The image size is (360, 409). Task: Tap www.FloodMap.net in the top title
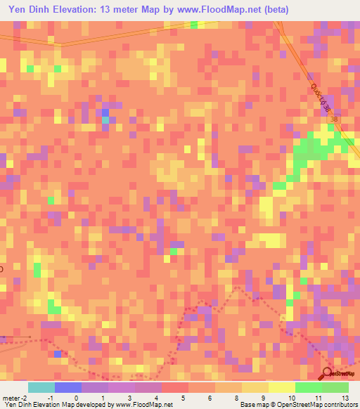pos(218,11)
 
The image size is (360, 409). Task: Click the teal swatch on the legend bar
pos(41,387)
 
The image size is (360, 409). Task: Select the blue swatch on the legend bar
pos(68,387)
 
